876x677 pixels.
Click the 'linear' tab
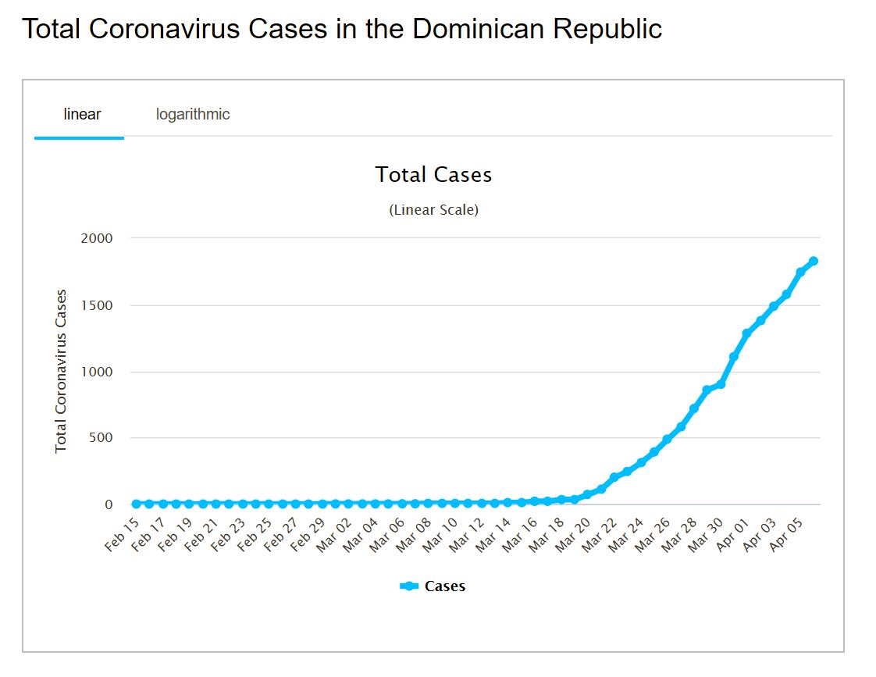coord(82,115)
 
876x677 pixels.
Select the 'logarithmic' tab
coord(193,115)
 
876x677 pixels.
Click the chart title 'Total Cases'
coord(433,174)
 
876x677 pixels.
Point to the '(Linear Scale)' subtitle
coord(433,210)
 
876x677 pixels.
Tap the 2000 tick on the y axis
coord(97,238)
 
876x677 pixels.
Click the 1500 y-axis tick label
coord(97,305)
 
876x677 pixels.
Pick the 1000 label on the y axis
coord(97,372)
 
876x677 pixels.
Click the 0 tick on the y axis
coord(109,504)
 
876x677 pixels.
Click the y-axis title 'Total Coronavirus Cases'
coord(61,371)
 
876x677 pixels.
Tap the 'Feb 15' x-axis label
coord(120,534)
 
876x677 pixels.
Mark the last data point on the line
coord(813,261)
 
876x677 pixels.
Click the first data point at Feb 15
coord(136,504)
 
